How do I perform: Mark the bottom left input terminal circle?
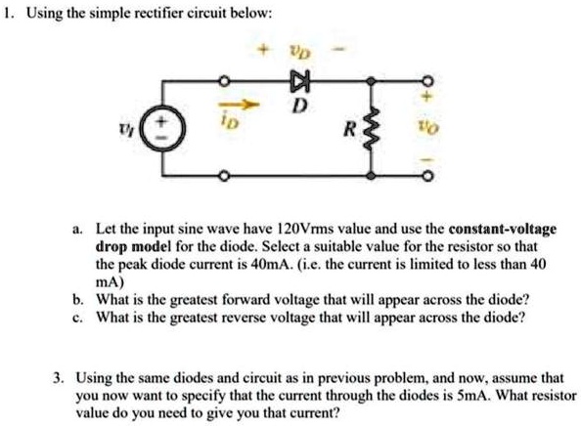pyautogui.click(x=224, y=177)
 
